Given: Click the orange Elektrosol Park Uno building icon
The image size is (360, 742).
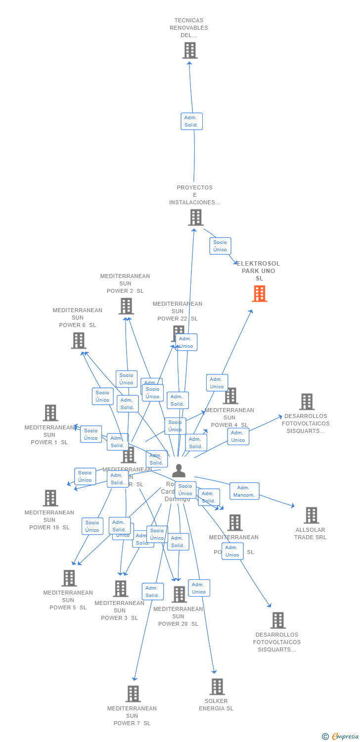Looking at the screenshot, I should [259, 293].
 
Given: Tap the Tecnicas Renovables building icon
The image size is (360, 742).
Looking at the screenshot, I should [189, 50].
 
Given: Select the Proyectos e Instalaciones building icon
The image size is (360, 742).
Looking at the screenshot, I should [195, 217].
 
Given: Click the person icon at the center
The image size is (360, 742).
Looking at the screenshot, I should [179, 470].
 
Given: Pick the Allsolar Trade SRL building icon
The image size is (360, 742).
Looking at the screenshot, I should [311, 515].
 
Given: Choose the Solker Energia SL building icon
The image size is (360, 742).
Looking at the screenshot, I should [217, 687].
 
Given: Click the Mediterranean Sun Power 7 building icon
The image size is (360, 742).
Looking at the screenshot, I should [133, 694].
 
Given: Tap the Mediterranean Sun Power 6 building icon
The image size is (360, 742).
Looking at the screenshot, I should [78, 340].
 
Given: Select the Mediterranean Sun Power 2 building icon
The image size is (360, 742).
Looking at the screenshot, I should [126, 306].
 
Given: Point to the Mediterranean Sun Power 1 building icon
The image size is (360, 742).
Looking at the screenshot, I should [50, 413].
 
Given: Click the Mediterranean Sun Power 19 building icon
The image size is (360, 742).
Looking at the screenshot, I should [50, 498].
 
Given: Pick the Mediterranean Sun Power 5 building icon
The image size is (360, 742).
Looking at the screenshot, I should [69, 578].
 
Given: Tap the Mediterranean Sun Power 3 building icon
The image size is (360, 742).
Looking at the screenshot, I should [120, 589].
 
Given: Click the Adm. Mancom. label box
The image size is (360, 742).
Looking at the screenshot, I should [244, 491].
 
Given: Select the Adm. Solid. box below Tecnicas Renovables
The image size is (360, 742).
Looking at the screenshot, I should [191, 121].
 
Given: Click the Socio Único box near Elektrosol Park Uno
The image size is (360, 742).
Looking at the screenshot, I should [220, 246].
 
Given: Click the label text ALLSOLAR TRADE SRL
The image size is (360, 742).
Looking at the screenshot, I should [310, 534].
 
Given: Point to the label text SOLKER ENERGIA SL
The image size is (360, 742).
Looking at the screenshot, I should [216, 705].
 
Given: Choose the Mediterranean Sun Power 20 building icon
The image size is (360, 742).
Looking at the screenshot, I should [179, 594].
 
